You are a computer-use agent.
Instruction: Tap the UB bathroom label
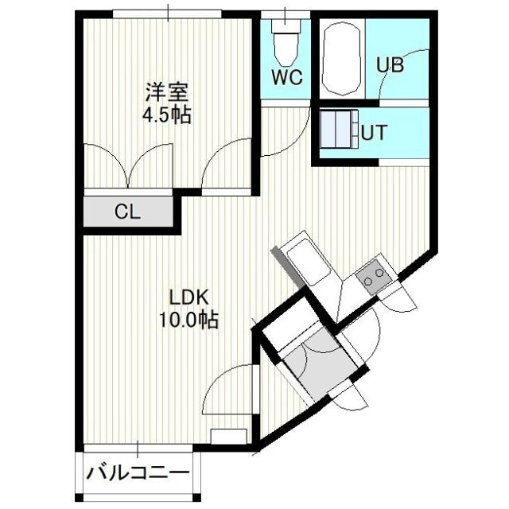point(390,65)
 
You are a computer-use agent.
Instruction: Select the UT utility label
point(375,132)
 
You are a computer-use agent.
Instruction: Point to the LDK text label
point(188,298)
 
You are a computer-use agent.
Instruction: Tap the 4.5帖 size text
point(166,115)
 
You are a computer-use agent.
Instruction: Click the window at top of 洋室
point(167,14)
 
